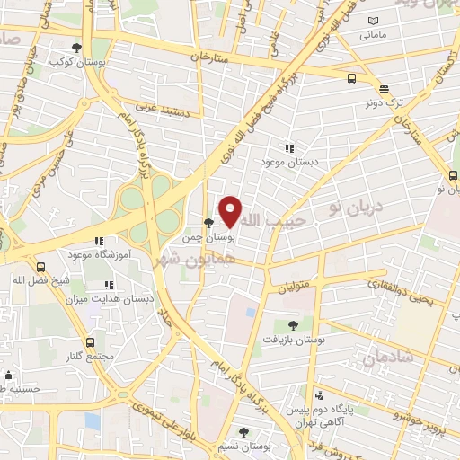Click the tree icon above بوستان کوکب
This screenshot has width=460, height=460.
click(75, 47)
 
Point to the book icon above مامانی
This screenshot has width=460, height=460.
click(374, 22)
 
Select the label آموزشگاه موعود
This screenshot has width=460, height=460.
click(100, 255)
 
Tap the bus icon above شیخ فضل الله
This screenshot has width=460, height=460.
click(41, 267)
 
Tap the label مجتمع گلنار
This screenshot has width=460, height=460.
click(90, 357)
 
